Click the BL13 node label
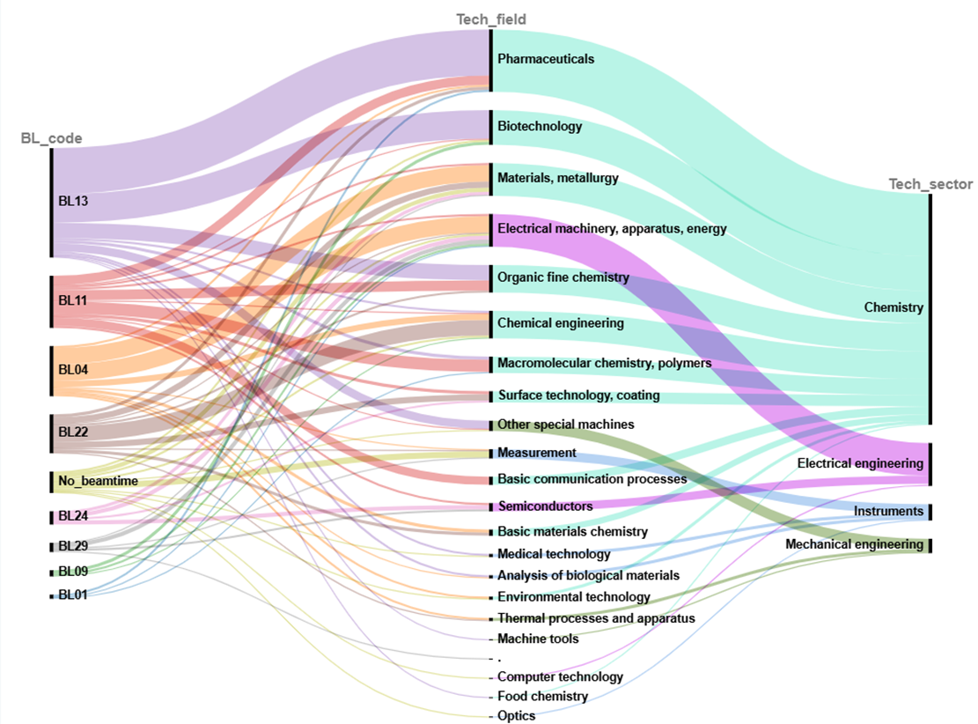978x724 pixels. point(73,201)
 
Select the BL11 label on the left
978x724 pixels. point(72,300)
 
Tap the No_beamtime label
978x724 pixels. point(98,481)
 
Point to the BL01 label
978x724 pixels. point(72,595)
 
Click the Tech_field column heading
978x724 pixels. point(491,19)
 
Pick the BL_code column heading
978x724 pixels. point(51,138)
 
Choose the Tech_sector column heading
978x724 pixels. point(930,184)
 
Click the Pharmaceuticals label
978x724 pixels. point(546,59)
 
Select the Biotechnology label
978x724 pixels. point(540,126)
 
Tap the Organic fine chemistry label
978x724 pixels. point(563,277)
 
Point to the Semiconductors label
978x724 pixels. point(545,506)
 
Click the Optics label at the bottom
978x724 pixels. point(516,715)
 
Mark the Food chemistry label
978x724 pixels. point(542,696)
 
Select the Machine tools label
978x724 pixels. point(538,639)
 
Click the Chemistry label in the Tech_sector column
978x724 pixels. point(893,307)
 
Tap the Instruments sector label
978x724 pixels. point(888,511)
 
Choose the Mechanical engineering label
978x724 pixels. point(854,544)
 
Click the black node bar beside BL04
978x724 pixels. point(52,371)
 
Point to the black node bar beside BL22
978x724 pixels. point(52,433)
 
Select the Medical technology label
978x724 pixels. point(554,554)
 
